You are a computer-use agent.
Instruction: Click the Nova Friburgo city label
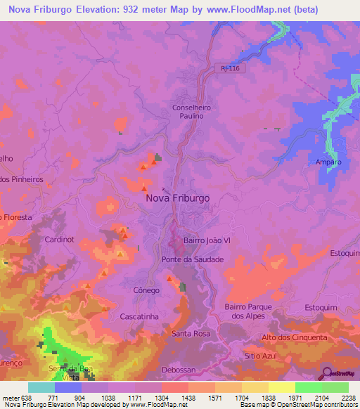(x=177, y=198)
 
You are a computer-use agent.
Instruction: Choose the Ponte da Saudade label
(x=193, y=259)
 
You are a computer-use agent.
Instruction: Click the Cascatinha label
(x=140, y=317)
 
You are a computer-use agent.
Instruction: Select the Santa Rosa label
(x=191, y=333)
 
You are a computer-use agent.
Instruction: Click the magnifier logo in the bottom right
(x=327, y=372)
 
